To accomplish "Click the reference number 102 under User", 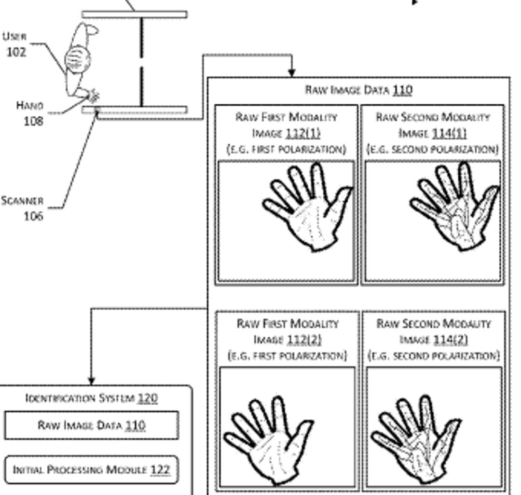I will click(x=16, y=52).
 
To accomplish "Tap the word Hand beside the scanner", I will click(x=29, y=105).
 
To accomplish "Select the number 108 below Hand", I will click(x=33, y=121).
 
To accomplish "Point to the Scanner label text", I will click(x=22, y=201).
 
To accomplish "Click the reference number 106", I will click(x=33, y=216).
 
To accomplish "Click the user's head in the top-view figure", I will click(x=78, y=60).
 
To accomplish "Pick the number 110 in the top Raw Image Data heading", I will click(x=402, y=90).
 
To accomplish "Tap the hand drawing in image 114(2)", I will click(x=415, y=439).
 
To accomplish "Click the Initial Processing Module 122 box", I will click(x=92, y=470).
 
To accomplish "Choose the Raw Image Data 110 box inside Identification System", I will click(x=92, y=425).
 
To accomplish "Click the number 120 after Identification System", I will click(x=148, y=398).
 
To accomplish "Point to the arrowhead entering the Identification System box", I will click(x=92, y=382).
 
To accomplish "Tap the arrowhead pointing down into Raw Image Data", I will click(x=291, y=73).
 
